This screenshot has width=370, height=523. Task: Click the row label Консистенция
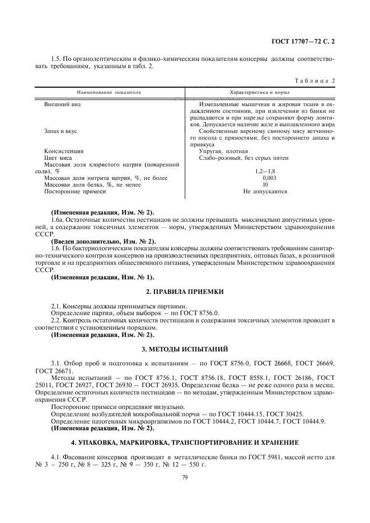(64, 151)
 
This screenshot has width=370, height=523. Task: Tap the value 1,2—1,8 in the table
(265, 171)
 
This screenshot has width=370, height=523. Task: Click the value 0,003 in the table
(265, 178)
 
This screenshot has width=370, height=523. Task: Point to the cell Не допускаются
(265, 191)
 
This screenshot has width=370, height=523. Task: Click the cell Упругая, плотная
(223, 151)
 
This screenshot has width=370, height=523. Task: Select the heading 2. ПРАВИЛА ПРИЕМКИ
(185, 292)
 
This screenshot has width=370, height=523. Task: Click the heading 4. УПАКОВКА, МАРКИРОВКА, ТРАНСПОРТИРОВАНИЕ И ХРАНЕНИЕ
(185, 442)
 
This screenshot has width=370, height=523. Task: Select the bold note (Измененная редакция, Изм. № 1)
(102, 277)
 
